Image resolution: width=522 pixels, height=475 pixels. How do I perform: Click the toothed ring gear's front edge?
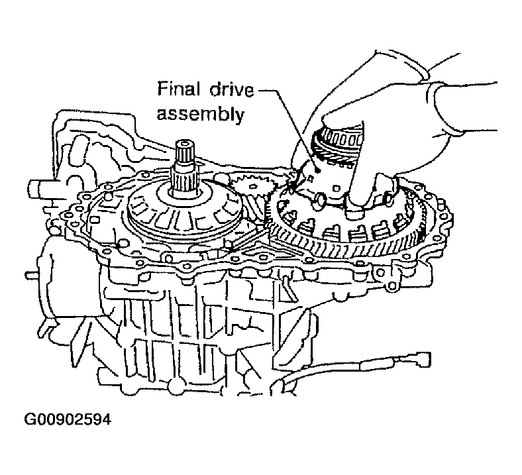point(344,252)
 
